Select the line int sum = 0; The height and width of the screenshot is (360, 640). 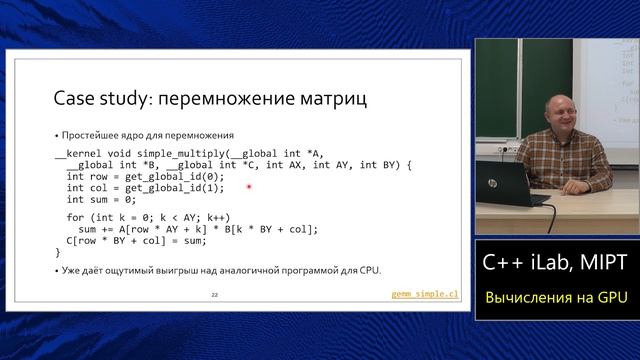(x=101, y=200)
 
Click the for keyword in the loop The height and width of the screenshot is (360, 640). (x=75, y=217)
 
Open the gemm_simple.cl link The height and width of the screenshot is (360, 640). (x=423, y=295)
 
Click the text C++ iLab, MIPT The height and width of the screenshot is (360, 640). (x=555, y=263)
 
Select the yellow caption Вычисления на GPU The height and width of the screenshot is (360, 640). (x=555, y=298)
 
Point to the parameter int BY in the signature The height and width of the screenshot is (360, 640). (x=377, y=164)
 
